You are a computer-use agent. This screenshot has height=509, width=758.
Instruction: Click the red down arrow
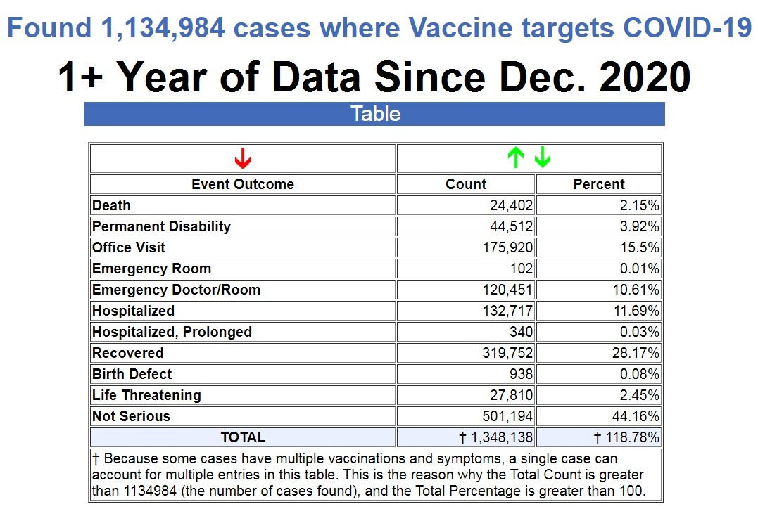(243, 159)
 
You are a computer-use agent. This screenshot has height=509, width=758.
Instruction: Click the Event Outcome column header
(243, 184)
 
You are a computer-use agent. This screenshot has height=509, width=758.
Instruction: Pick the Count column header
(466, 184)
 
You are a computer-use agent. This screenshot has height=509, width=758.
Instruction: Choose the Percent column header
(599, 184)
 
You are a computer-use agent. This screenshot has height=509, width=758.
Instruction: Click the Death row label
(111, 205)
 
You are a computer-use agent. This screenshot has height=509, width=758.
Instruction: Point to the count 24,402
(512, 205)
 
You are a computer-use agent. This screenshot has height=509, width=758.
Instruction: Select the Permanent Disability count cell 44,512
(512, 226)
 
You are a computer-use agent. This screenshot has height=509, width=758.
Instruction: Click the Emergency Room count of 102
(522, 269)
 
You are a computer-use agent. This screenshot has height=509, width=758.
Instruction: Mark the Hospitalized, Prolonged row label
(172, 332)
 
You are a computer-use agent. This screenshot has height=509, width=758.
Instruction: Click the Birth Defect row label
(132, 374)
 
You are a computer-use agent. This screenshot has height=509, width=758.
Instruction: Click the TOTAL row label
(243, 437)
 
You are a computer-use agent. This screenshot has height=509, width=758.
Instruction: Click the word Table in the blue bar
(375, 114)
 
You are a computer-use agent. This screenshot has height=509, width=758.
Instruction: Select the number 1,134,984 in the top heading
(159, 28)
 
